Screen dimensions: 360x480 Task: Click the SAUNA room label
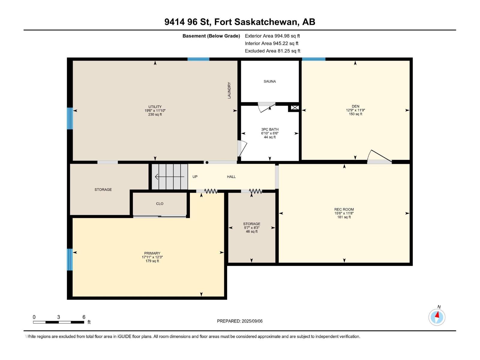[x=270, y=81]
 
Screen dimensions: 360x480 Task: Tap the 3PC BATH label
[x=270, y=129]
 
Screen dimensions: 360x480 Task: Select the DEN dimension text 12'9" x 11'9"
[x=355, y=110]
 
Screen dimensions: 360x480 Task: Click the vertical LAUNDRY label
[x=229, y=90]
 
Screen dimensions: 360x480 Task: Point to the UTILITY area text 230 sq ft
[x=155, y=114]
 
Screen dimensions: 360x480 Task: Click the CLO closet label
[x=160, y=204]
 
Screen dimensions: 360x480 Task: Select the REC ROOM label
[x=344, y=209]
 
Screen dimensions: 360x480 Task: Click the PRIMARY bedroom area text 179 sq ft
[x=152, y=261]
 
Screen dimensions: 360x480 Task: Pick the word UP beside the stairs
[x=195, y=177]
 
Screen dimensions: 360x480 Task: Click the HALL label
[x=231, y=177]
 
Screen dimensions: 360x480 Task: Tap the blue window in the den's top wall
[x=313, y=59]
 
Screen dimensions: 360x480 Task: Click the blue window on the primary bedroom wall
[x=70, y=259]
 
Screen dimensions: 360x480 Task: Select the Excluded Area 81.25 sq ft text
[x=272, y=51]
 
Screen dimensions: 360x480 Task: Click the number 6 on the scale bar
[x=84, y=317]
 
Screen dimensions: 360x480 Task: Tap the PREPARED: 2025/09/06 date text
[x=240, y=321]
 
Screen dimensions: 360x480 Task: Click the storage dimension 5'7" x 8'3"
[x=251, y=228]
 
